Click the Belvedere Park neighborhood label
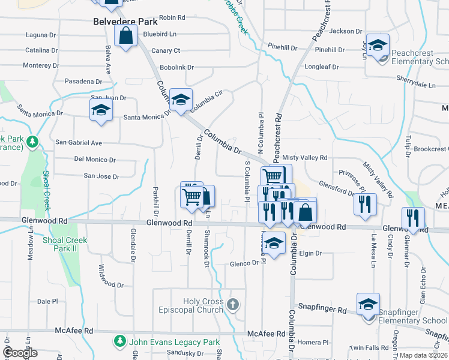pos(125,22)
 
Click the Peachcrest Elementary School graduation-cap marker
pos(378,46)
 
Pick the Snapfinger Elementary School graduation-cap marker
pos(368,304)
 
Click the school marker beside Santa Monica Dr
pos(101,110)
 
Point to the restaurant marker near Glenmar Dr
pos(412,218)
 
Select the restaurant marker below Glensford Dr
pos(365,204)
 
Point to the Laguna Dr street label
pos(40,35)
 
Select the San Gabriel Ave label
pos(79,143)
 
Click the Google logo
pos(20,353)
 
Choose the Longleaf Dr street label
pos(322,67)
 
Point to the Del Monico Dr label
pos(95,160)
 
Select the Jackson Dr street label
pos(346,31)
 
